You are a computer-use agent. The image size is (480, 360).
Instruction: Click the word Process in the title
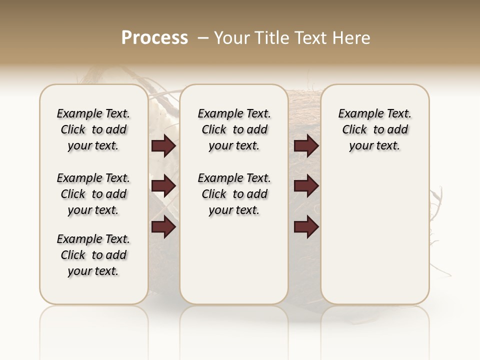tap(154, 38)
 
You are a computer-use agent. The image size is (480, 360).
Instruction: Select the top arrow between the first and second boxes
tap(163, 146)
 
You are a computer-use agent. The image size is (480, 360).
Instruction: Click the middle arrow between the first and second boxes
tap(163, 186)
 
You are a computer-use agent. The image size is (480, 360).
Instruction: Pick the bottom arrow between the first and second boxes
tap(163, 226)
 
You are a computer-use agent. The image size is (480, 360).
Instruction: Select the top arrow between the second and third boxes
tap(306, 146)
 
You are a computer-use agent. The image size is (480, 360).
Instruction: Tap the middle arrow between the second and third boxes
tap(306, 186)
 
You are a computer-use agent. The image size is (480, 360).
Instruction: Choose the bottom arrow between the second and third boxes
tap(306, 226)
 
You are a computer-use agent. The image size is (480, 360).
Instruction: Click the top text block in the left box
tap(93, 129)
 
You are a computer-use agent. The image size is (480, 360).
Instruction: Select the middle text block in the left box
tap(93, 194)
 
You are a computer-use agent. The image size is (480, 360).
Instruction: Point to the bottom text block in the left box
tap(93, 255)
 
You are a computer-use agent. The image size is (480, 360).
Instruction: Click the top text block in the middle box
tap(234, 129)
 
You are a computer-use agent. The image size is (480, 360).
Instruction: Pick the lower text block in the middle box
tap(234, 194)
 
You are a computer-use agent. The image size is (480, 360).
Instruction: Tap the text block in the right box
tap(375, 129)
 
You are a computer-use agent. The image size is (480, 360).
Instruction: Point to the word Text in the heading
tap(311, 38)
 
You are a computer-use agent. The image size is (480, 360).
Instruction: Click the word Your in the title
tap(232, 38)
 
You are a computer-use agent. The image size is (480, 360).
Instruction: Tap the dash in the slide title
tap(203, 38)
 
